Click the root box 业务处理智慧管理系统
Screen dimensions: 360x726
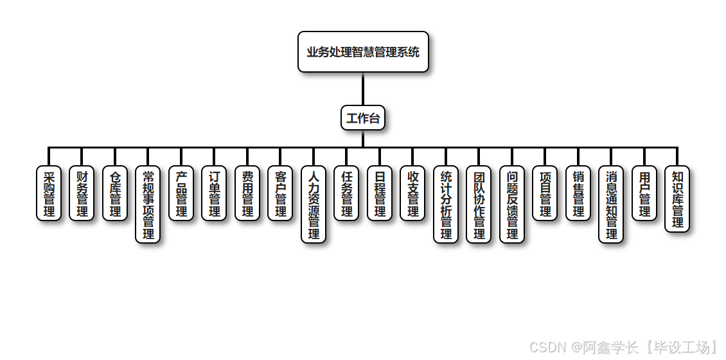tap(363, 52)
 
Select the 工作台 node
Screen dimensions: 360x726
tap(363, 118)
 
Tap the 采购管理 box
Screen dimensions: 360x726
tap(49, 194)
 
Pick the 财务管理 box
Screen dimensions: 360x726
tap(82, 194)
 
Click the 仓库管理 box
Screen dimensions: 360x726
tap(115, 194)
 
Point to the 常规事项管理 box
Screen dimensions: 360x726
tap(148, 204)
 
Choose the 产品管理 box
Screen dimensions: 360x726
tap(181, 194)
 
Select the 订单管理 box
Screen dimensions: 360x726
tap(214, 194)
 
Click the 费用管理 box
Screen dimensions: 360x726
tap(247, 194)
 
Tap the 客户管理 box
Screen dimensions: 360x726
tap(280, 194)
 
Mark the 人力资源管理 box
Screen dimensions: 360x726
tap(314, 204)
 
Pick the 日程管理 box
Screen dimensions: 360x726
tap(380, 194)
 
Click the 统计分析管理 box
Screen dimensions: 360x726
tap(446, 204)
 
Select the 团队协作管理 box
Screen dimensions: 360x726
tap(479, 204)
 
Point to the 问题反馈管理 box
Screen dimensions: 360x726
tap(512, 204)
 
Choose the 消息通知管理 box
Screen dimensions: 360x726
tap(611, 204)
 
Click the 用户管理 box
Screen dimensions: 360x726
tap(644, 194)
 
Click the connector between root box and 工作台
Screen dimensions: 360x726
tap(363, 89)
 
